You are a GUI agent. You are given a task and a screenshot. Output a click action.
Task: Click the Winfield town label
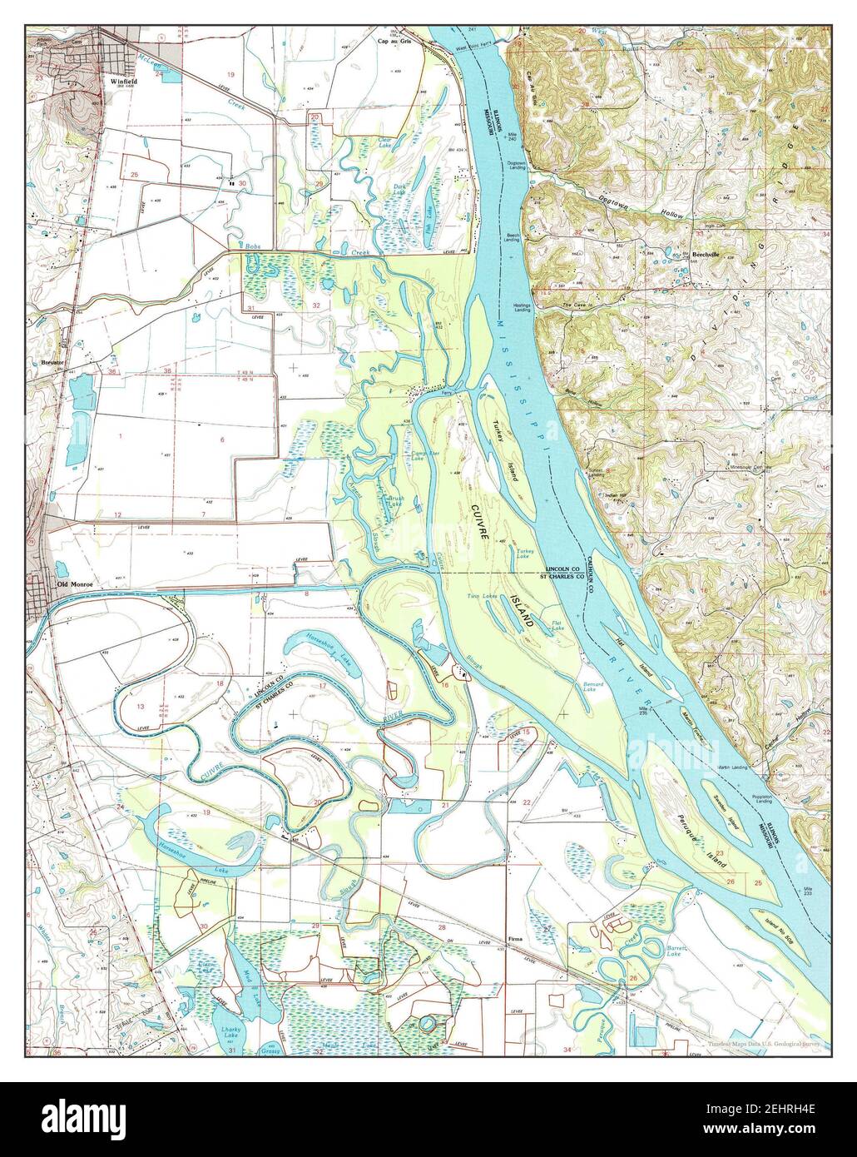[x=123, y=82]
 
